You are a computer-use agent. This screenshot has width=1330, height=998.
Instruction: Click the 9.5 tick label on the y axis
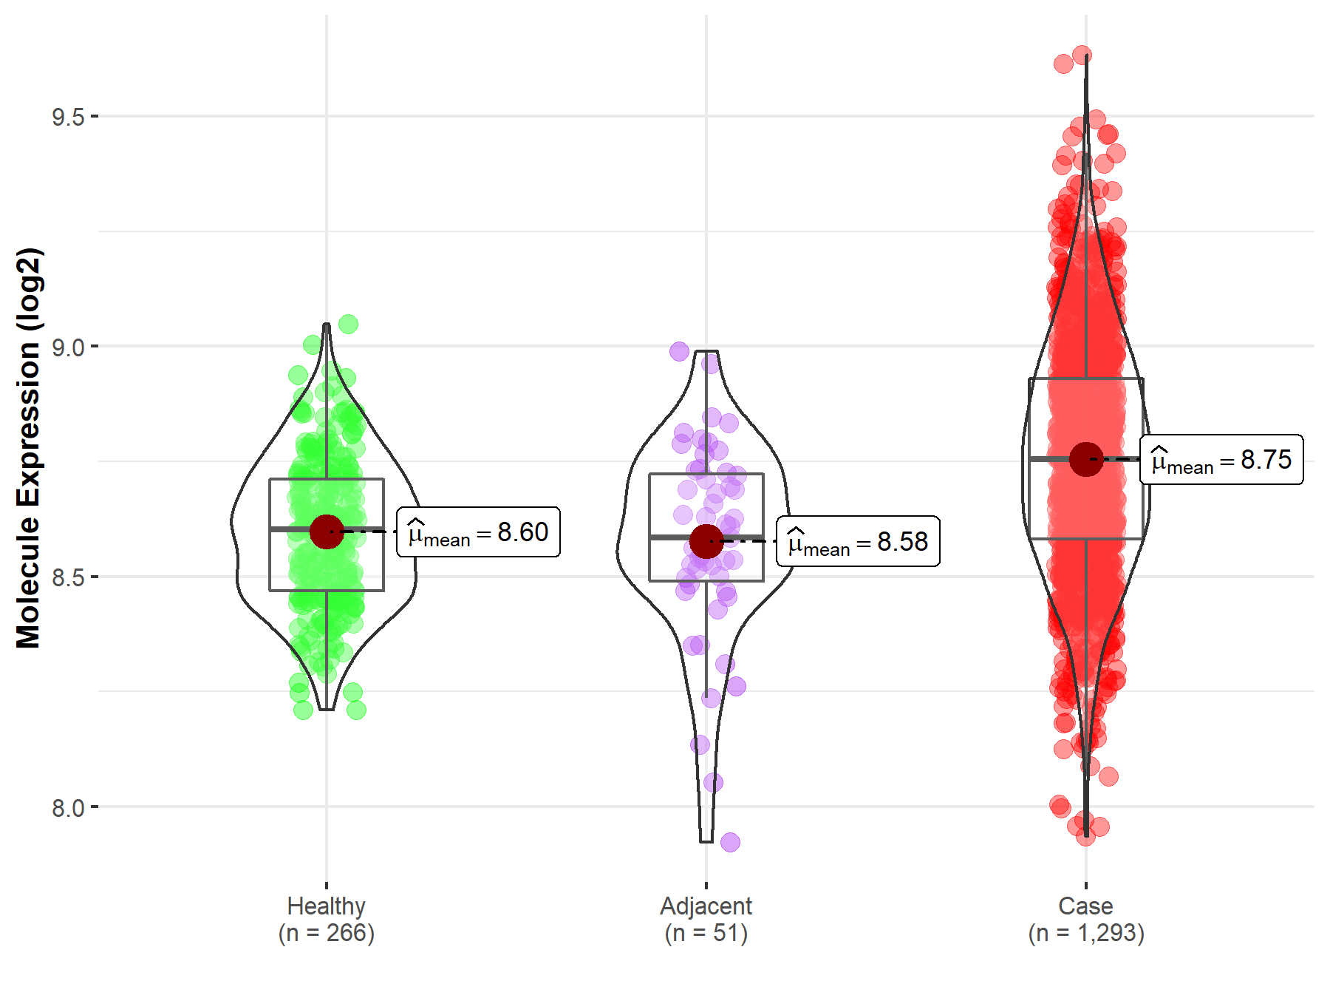tap(67, 117)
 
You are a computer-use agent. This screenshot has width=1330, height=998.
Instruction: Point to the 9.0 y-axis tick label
tap(67, 347)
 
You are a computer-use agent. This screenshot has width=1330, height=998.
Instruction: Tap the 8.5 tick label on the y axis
tap(67, 577)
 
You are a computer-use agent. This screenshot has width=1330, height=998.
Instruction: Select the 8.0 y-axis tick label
tap(67, 807)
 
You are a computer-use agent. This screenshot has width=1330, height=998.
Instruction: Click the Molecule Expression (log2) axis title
tap(28, 448)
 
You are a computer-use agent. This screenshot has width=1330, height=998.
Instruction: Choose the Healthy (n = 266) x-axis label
tap(326, 920)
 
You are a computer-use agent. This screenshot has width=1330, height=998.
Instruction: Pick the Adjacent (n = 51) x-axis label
tap(706, 920)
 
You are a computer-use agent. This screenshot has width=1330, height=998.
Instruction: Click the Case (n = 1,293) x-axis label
tap(1085, 920)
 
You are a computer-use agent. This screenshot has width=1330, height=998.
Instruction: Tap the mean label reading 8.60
tap(479, 532)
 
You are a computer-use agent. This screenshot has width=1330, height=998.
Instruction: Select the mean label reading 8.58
tap(858, 542)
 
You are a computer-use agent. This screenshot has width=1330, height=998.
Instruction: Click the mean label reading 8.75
tap(1221, 460)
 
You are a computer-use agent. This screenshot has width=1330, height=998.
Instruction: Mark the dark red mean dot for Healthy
tap(327, 532)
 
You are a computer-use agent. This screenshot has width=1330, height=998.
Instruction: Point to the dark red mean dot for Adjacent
tap(706, 541)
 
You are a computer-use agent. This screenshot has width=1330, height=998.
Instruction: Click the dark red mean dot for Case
tap(1086, 459)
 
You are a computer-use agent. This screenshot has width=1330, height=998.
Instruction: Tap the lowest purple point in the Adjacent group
tap(730, 842)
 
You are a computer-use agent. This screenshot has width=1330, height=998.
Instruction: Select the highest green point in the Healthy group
tap(348, 324)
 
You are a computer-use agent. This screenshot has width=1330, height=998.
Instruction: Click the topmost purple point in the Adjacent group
tap(679, 351)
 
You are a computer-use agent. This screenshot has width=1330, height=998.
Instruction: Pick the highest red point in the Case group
tap(1082, 55)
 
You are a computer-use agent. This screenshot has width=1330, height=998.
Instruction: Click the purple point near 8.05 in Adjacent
tap(713, 782)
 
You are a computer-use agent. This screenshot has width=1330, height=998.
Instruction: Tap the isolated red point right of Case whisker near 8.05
tap(1108, 776)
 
